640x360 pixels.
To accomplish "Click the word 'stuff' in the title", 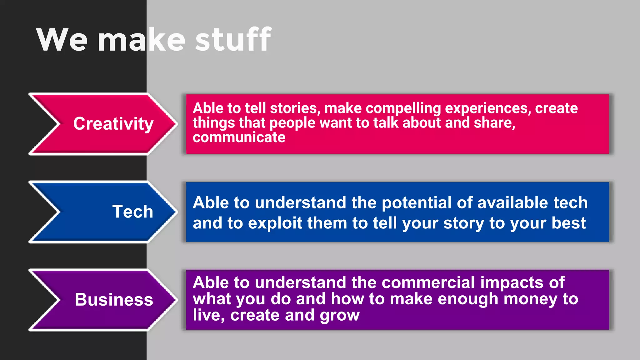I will coord(233,40).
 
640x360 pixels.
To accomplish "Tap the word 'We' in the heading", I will coord(62,40).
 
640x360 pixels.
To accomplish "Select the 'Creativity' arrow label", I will coord(113,124).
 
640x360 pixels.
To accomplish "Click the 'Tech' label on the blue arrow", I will coord(132,212).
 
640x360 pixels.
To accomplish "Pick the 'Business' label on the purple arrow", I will coord(114,299).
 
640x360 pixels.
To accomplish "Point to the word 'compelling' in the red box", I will coord(403,108).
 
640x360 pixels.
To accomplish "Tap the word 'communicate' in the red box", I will coord(239,137).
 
